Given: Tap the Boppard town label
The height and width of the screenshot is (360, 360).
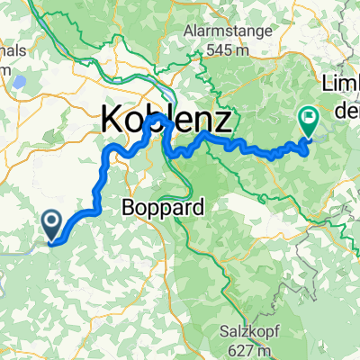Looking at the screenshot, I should pyautogui.click(x=162, y=207).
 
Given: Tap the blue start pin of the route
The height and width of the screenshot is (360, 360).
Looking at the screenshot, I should pyautogui.click(x=51, y=224).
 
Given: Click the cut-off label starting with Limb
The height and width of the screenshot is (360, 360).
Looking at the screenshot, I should pyautogui.click(x=341, y=85).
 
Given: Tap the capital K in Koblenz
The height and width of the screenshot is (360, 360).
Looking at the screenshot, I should pyautogui.click(x=112, y=117).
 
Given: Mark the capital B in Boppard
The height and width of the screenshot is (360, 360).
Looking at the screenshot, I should pyautogui.click(x=127, y=207).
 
